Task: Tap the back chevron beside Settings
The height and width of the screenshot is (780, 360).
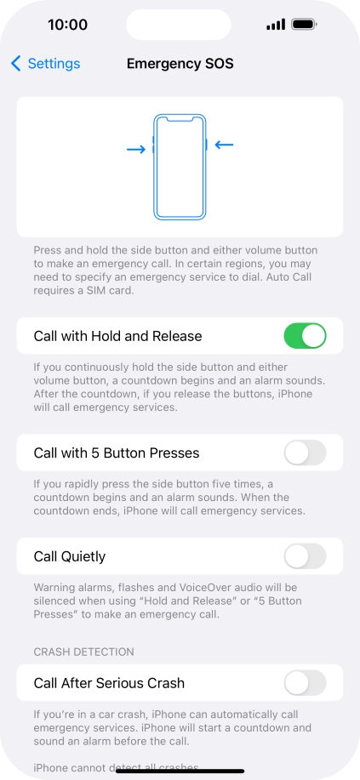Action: point(16,64)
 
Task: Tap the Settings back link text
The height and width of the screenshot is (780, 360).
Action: point(54,64)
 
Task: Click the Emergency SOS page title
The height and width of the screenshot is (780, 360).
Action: point(180,64)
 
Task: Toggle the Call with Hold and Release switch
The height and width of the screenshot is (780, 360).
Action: point(305,336)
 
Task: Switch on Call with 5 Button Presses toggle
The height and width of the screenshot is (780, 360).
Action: point(305,453)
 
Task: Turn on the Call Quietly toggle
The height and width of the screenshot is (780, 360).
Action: point(305,556)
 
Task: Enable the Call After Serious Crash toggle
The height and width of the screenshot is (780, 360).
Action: point(305,682)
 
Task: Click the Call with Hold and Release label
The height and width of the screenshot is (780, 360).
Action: point(117,336)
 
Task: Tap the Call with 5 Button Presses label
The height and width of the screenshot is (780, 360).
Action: point(117,453)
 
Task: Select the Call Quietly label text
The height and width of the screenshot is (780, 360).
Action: point(70,556)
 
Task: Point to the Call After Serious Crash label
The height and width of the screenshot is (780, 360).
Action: point(109,682)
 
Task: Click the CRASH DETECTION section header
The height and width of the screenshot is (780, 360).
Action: point(84,652)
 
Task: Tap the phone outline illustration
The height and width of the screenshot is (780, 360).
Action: point(180,166)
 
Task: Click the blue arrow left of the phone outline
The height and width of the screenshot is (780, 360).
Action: point(135,150)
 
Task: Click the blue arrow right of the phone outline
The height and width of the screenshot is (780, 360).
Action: point(224,145)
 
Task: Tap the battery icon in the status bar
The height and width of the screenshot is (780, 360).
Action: point(304,25)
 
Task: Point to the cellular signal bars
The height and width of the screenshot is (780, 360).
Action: point(275,25)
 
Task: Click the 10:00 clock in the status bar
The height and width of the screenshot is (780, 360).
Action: point(67,25)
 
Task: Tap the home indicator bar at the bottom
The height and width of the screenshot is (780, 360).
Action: point(180,771)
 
